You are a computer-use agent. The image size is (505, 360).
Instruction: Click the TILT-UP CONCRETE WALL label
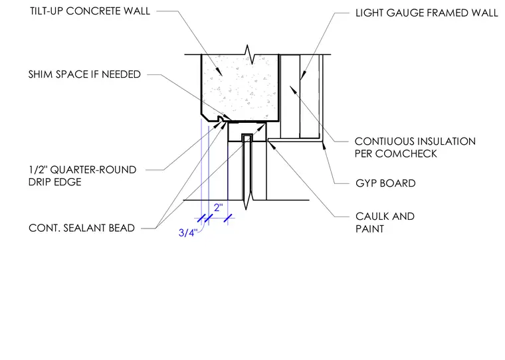[90, 11]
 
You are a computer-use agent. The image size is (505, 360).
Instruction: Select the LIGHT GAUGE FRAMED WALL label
[427, 13]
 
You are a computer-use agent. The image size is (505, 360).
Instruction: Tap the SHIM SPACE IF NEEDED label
[84, 74]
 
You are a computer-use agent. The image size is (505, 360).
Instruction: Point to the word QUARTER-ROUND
[94, 169]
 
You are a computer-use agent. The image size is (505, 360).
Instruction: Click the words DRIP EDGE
[54, 182]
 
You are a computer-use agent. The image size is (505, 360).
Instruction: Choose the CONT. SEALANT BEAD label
[82, 228]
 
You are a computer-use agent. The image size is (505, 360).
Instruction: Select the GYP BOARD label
[385, 183]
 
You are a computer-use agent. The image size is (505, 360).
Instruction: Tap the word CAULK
[372, 216]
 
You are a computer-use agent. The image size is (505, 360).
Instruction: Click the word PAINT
[369, 228]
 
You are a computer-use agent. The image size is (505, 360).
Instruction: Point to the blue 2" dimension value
[219, 207]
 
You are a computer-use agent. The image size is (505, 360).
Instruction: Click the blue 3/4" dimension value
[187, 232]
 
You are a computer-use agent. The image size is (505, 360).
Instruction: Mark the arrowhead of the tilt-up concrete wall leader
[219, 72]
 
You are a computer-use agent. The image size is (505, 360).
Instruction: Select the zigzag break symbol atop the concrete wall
[251, 54]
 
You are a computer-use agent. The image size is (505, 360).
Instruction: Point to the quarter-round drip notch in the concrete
[221, 119]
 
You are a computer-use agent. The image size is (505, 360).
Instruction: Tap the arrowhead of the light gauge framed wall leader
[302, 76]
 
